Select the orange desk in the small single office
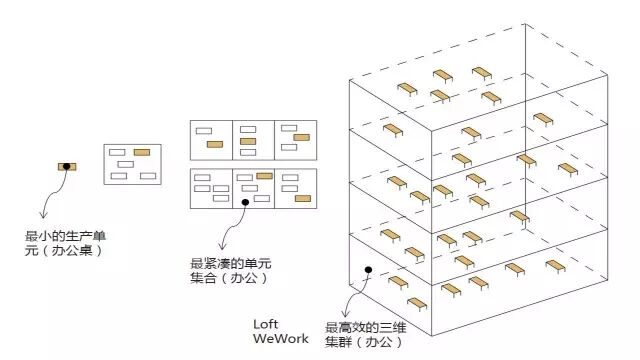142,152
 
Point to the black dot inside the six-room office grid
245,201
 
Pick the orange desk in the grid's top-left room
214,144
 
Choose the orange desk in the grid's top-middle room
249,141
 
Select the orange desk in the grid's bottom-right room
301,199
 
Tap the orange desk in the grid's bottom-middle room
264,176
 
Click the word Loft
266,325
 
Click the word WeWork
279,340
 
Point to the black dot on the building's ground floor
369,270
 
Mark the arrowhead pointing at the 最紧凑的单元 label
223,249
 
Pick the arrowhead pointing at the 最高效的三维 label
344,312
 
